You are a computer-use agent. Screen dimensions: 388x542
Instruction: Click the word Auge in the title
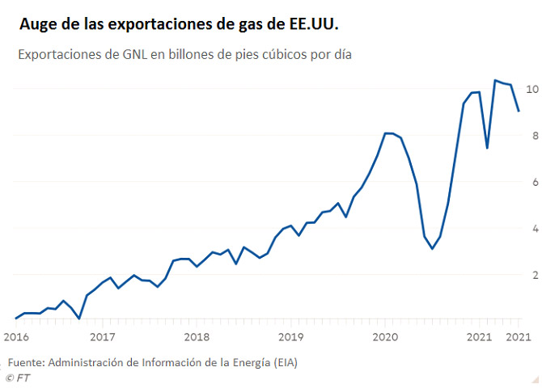38,25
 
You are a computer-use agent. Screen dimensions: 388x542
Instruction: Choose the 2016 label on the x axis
16,335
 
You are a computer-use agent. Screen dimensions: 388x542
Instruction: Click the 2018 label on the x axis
197,335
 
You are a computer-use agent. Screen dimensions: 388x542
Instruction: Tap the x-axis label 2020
385,335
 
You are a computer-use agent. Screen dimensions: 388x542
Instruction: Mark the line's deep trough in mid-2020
432,248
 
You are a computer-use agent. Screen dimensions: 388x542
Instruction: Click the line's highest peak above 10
495,80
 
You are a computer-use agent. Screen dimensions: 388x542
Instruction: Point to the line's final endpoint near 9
519,111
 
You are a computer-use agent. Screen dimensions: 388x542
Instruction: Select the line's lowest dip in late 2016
78,318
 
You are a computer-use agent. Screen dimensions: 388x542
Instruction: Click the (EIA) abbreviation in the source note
282,362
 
